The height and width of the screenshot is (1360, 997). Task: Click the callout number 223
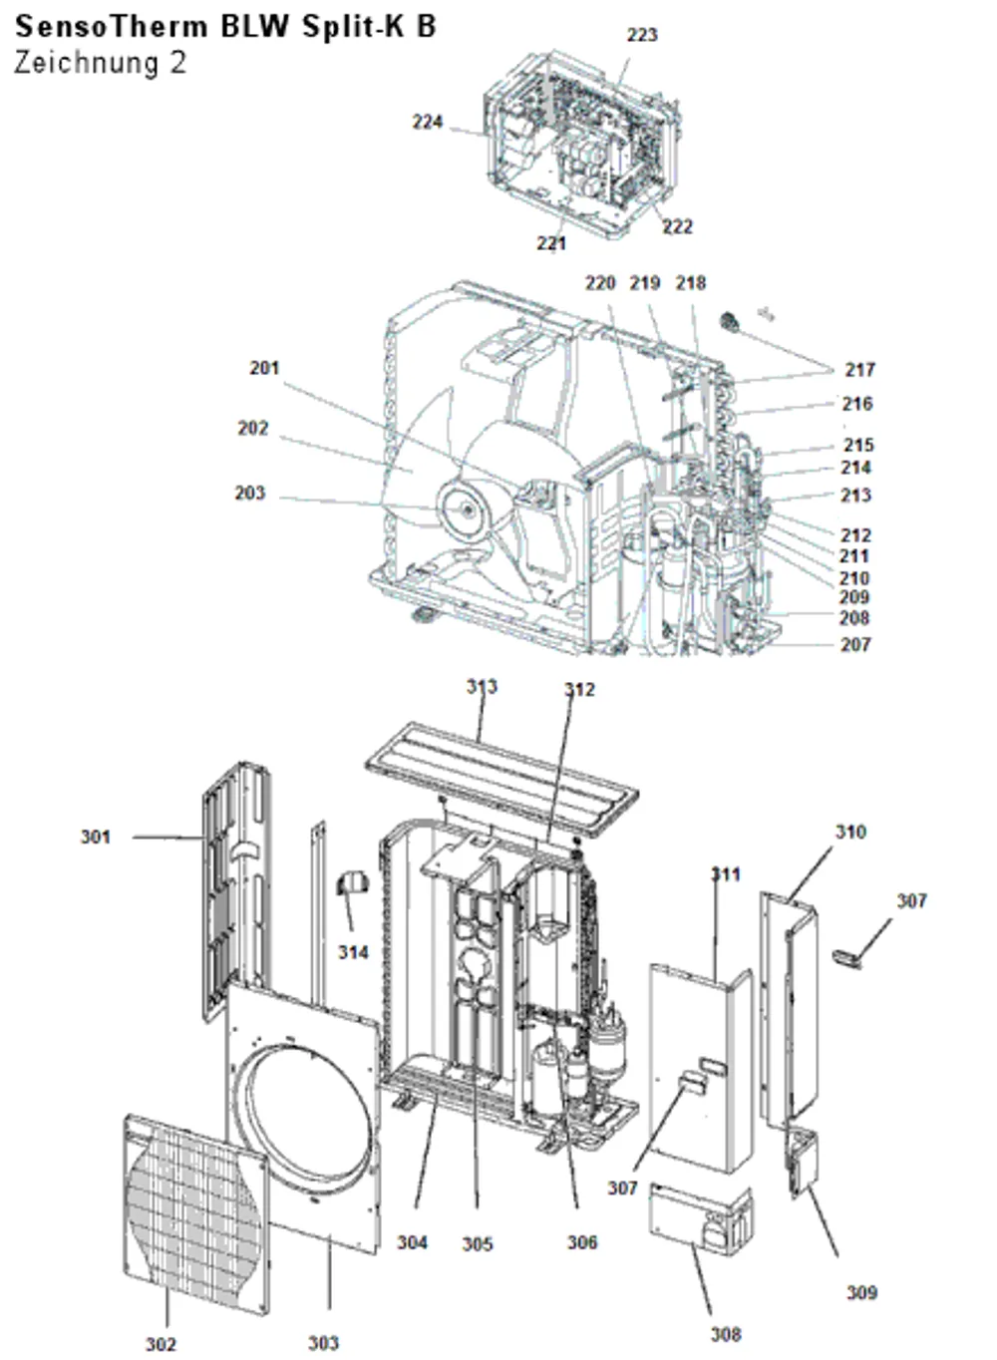click(642, 35)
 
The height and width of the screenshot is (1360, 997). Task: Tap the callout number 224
click(428, 122)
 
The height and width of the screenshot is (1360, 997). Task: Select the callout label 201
click(264, 368)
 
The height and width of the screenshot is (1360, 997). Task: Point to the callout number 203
click(250, 493)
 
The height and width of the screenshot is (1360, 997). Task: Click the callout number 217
click(859, 369)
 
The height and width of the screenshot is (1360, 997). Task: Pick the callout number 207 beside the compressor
click(855, 644)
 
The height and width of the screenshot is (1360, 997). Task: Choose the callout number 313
click(483, 687)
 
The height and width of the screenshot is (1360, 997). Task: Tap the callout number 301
click(96, 838)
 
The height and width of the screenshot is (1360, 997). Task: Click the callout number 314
click(353, 952)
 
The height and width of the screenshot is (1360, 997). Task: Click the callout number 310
click(850, 832)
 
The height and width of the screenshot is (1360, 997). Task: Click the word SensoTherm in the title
click(112, 27)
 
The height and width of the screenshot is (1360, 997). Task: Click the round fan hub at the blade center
click(467, 510)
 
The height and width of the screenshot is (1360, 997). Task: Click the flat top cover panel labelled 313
click(501, 779)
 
